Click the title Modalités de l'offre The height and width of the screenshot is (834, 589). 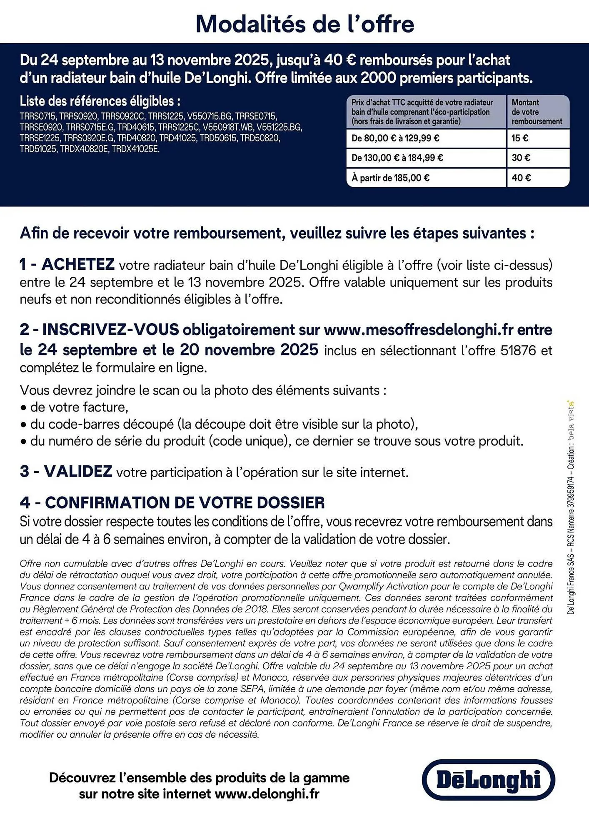click(305, 24)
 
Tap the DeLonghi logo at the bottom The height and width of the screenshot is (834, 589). click(488, 780)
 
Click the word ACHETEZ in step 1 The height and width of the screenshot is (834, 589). click(78, 264)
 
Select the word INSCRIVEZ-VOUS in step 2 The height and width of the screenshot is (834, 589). click(110, 330)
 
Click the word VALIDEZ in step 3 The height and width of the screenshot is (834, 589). click(78, 472)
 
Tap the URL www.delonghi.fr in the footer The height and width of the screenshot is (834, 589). click(267, 794)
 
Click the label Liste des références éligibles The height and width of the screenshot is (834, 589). click(100, 101)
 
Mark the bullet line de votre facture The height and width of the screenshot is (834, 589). click(79, 407)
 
